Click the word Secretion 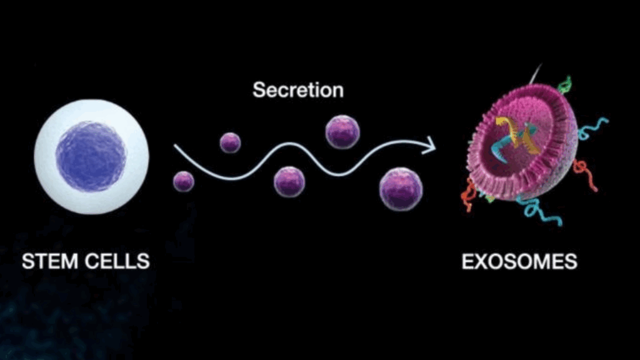[297, 90]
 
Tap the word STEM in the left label [48, 261]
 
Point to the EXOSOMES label [519, 261]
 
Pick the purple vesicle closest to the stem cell [183, 181]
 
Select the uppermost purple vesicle [342, 132]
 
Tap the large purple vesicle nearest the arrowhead [401, 189]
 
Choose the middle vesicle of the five [289, 182]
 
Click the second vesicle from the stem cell [230, 142]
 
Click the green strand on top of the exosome [565, 84]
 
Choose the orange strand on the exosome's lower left [470, 194]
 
